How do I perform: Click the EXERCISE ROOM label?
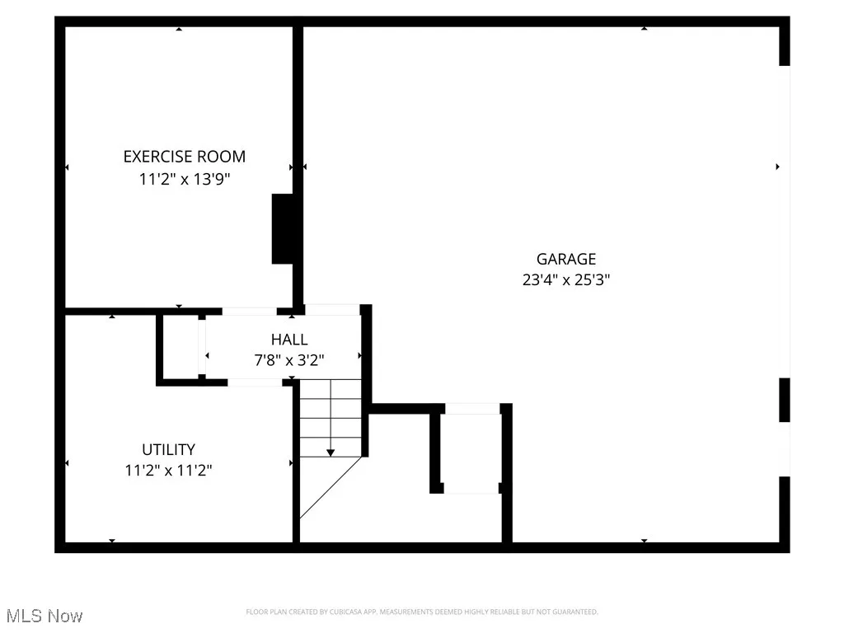pyautogui.click(x=184, y=157)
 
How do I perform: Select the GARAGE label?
pyautogui.click(x=565, y=259)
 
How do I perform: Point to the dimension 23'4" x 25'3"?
pyautogui.click(x=565, y=279)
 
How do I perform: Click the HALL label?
pyautogui.click(x=289, y=340)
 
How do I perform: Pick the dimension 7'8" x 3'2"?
pyautogui.click(x=289, y=359)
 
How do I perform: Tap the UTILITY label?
pyautogui.click(x=168, y=450)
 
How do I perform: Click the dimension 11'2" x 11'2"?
pyautogui.click(x=168, y=471)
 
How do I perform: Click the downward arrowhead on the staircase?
pyautogui.click(x=331, y=452)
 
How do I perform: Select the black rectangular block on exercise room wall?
pyautogui.click(x=283, y=229)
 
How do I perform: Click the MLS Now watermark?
pyautogui.click(x=44, y=616)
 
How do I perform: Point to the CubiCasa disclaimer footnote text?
pyautogui.click(x=421, y=612)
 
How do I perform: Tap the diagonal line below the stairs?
pyautogui.click(x=331, y=487)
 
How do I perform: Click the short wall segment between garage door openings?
pyautogui.click(x=785, y=400)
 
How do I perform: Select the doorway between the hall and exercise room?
pyautogui.click(x=249, y=311)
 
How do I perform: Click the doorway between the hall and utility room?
pyautogui.click(x=255, y=382)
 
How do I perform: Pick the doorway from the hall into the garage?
pyautogui.click(x=332, y=309)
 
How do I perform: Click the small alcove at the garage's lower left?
pyautogui.click(x=471, y=449)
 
